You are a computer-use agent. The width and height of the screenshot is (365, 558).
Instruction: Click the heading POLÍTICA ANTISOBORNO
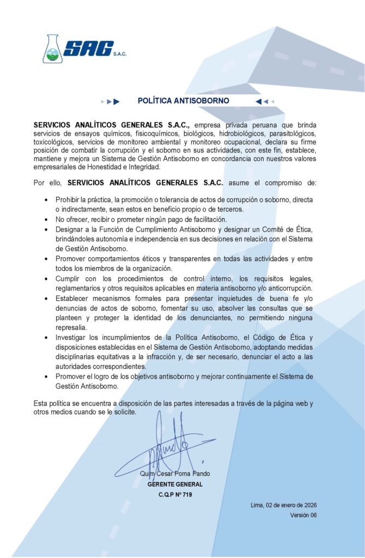pos(183,101)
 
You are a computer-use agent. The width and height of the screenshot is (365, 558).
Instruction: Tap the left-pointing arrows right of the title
pos(263,101)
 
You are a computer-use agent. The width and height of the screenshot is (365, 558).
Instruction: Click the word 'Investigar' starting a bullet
pos(71,338)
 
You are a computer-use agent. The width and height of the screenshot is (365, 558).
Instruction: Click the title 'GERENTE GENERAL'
pos(175,484)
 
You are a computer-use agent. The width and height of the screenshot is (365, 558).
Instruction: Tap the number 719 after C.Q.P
pos(187,495)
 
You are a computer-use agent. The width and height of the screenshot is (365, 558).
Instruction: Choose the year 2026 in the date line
pos(309,505)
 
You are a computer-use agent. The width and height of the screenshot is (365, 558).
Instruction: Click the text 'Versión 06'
pos(303,515)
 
